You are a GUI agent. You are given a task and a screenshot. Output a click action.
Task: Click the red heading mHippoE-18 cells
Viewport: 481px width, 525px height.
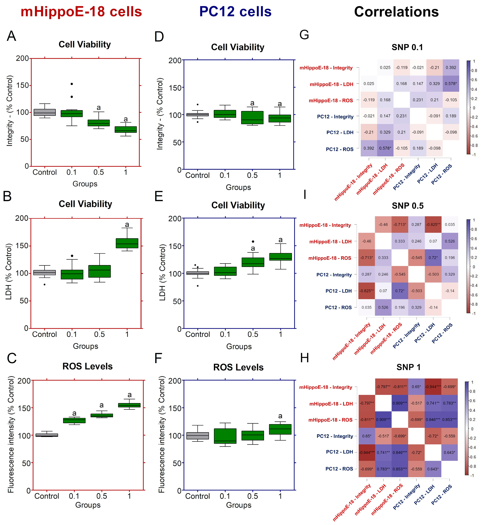click(x=81, y=12)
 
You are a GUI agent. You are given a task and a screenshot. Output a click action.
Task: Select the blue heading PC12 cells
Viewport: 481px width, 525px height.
click(x=235, y=12)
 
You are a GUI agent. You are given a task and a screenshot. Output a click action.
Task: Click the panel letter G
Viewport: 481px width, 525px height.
click(x=304, y=35)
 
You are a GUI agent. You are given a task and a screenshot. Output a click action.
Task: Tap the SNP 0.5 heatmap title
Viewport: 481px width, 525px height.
click(x=408, y=206)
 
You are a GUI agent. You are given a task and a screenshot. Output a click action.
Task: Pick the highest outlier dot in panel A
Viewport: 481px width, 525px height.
click(x=72, y=84)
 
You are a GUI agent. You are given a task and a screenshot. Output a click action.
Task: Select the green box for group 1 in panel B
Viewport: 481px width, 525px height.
click(x=127, y=243)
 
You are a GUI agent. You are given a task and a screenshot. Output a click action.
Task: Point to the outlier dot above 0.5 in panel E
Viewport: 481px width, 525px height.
click(x=253, y=242)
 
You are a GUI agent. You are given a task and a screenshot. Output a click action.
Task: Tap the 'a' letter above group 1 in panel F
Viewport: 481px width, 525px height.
click(x=280, y=416)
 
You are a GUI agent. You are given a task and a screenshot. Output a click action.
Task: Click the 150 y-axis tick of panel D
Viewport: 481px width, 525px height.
click(x=175, y=88)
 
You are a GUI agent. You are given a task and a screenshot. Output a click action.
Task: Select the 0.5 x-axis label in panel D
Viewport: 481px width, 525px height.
click(x=252, y=175)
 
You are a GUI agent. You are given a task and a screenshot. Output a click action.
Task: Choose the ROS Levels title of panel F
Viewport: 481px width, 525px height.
click(x=238, y=367)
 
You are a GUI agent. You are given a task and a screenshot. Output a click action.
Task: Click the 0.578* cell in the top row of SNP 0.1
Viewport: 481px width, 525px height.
click(x=451, y=84)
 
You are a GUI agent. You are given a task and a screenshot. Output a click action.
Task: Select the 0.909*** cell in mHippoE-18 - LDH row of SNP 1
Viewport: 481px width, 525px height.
click(x=400, y=403)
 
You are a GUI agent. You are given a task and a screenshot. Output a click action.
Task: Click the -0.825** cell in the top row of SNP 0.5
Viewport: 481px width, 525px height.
click(x=433, y=225)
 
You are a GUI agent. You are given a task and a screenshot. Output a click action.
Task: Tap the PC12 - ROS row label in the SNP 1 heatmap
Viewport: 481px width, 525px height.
click(x=339, y=469)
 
